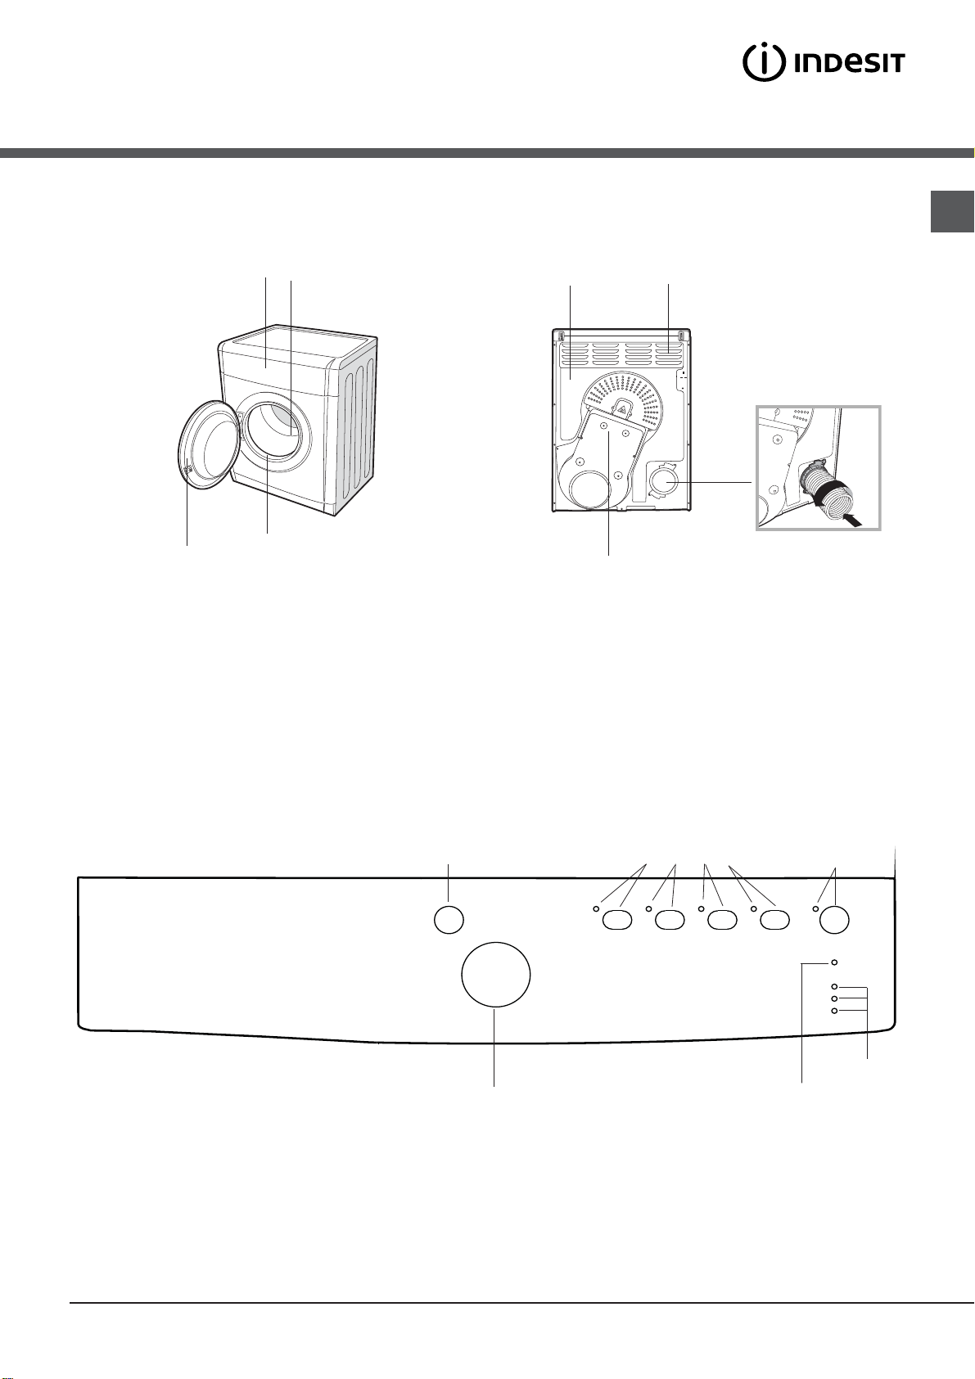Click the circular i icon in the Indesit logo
pyautogui.click(x=764, y=62)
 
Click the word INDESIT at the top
pyautogui.click(x=849, y=63)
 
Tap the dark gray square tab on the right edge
pyautogui.click(x=951, y=211)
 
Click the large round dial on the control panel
pyautogui.click(x=495, y=975)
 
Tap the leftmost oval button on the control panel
pyautogui.click(x=617, y=921)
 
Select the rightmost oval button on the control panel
pyautogui.click(x=774, y=921)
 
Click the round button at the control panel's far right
pyautogui.click(x=834, y=920)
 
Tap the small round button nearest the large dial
pyautogui.click(x=449, y=920)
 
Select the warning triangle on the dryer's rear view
pyautogui.click(x=623, y=408)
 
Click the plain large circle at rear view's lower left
pyautogui.click(x=589, y=491)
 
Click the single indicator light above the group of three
pyautogui.click(x=834, y=962)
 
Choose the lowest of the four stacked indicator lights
pyautogui.click(x=834, y=1011)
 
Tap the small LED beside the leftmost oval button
pyautogui.click(x=596, y=908)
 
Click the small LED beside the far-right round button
pyautogui.click(x=815, y=908)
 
